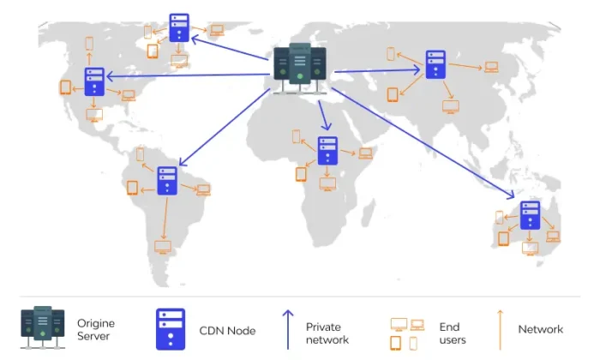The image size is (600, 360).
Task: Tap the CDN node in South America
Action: (x=168, y=181)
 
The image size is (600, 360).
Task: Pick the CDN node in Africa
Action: (x=326, y=151)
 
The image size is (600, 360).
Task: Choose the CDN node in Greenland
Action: (x=179, y=27)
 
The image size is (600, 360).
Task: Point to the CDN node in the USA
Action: (x=94, y=82)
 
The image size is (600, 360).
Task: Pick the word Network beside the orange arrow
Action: (x=541, y=329)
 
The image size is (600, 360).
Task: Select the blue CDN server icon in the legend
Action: (x=169, y=329)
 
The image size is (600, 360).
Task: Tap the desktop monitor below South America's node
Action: (x=162, y=248)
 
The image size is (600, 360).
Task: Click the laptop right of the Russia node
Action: (x=491, y=67)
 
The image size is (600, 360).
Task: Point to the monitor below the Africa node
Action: (x=327, y=184)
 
